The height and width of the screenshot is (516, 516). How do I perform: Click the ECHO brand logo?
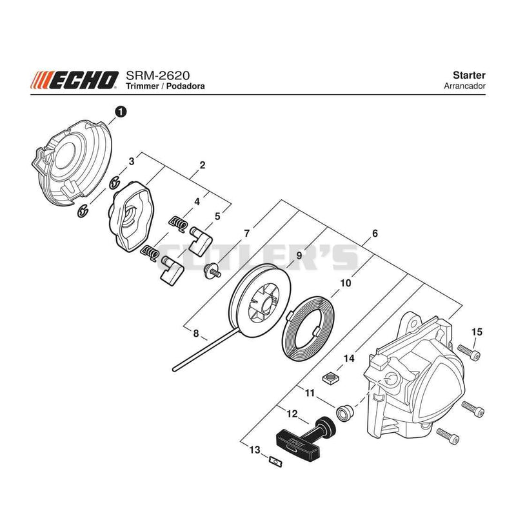[x=75, y=80]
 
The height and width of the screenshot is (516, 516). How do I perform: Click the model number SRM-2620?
[x=158, y=75]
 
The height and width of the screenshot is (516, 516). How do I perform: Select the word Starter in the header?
[x=469, y=75]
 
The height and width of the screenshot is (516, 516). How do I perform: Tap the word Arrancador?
[x=464, y=86]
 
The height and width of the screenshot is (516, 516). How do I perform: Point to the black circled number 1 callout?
[x=121, y=112]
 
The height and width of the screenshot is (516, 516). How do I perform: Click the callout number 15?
[x=477, y=332]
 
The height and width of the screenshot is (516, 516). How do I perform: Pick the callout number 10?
[x=346, y=283]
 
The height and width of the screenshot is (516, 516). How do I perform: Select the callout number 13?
[x=255, y=450]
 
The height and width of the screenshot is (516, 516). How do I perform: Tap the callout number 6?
[x=375, y=233]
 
